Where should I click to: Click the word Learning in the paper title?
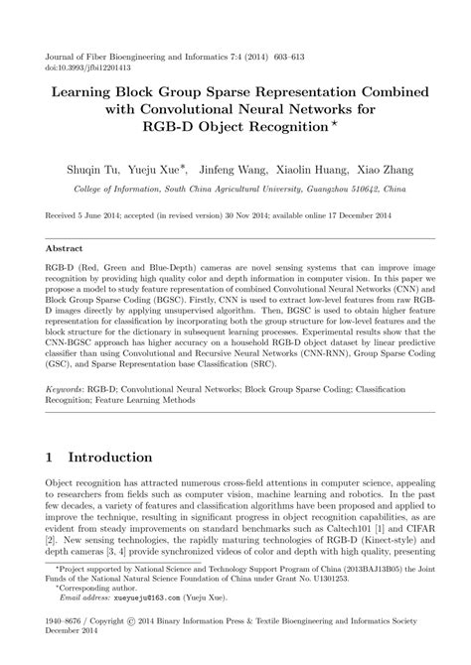(73, 91)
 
